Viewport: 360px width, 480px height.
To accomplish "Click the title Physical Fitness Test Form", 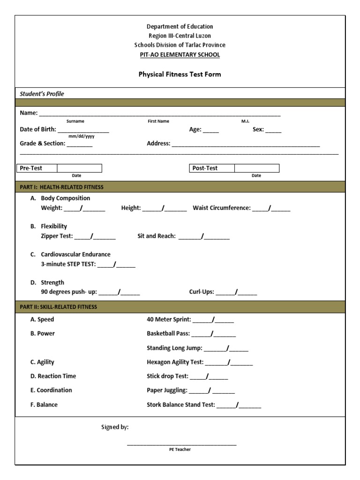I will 180,74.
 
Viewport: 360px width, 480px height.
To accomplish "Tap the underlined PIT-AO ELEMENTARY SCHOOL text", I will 180,54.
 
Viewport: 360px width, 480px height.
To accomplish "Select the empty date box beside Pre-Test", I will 79,168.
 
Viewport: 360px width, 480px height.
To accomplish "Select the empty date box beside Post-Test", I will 256,168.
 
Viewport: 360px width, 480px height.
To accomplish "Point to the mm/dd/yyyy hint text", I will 82,136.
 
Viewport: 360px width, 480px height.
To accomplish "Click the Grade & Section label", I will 42,143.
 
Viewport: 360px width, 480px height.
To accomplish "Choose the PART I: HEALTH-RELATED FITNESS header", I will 61,187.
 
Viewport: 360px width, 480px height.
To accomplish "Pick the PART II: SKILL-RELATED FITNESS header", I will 59,307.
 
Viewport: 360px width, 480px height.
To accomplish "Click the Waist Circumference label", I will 222,208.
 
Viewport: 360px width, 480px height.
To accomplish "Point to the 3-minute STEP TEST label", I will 68,264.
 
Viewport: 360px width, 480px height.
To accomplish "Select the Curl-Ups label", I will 202,292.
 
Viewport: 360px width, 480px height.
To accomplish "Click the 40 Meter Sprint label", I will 169,320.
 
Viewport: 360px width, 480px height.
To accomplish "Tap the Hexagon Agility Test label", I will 175,362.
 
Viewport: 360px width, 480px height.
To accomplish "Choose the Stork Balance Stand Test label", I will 181,405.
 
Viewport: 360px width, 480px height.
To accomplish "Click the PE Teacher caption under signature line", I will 180,450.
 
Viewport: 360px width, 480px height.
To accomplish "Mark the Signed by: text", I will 115,427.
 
